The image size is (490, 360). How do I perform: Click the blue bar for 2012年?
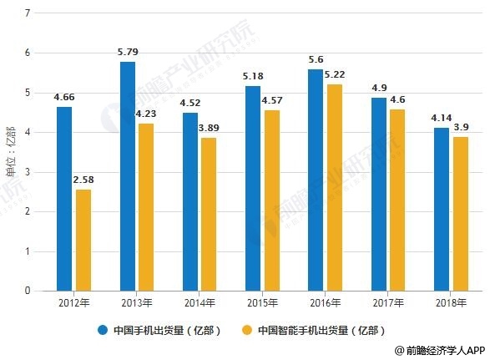pos(64,199)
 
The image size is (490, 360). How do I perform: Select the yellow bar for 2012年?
pos(83,240)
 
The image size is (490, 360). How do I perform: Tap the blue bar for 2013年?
pos(127,176)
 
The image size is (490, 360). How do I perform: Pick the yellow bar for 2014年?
pos(209,214)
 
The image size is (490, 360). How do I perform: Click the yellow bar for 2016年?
pos(334,187)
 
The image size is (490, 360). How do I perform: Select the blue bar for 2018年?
pos(442,209)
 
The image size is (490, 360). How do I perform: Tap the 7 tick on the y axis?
pos(28,13)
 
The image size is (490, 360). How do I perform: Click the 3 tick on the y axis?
pos(28,172)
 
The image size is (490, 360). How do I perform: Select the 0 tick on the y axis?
pos(28,291)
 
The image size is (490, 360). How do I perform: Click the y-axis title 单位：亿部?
pos(11,152)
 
